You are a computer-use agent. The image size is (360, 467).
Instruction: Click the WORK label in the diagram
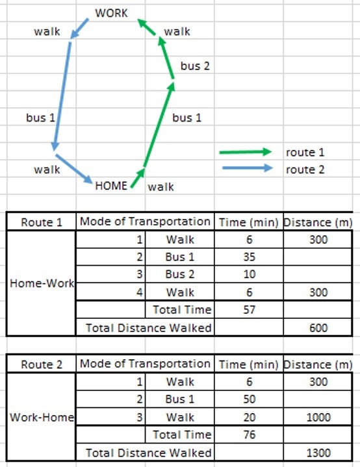click(x=111, y=13)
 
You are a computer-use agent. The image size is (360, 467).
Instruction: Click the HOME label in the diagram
click(x=111, y=186)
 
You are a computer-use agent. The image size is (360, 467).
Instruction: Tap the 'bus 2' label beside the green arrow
click(x=195, y=66)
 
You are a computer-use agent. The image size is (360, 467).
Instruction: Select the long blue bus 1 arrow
click(x=62, y=96)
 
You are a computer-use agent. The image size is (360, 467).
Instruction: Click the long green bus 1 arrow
click(x=159, y=125)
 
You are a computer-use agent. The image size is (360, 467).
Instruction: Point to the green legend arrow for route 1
click(x=246, y=152)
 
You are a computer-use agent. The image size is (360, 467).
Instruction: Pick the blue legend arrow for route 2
click(x=248, y=168)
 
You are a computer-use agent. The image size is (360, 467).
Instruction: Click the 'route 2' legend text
click(x=305, y=170)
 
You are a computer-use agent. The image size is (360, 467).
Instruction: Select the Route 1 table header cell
click(x=42, y=222)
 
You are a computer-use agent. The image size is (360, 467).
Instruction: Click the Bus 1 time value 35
click(x=249, y=257)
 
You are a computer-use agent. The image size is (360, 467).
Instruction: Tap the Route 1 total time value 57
click(x=249, y=310)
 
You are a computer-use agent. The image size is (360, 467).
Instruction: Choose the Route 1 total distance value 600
click(x=318, y=327)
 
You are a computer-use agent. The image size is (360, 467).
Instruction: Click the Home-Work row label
click(x=42, y=283)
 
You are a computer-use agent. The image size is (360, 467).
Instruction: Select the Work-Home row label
click(x=42, y=417)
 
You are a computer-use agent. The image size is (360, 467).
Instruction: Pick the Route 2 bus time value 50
click(x=249, y=399)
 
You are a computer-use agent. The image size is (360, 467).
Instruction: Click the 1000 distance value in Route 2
click(x=318, y=417)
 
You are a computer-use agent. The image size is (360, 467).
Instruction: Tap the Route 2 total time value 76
click(x=249, y=435)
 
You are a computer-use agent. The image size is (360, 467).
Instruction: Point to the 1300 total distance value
click(x=318, y=453)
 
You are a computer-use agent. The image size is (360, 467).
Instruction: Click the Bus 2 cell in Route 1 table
click(x=180, y=274)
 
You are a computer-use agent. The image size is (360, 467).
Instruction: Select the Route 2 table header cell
click(x=42, y=364)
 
